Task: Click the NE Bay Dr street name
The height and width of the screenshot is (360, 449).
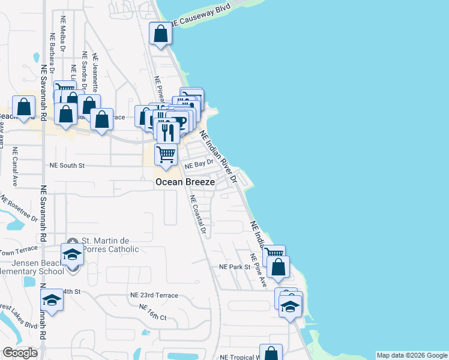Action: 199,163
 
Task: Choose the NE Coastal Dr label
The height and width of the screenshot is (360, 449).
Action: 198,214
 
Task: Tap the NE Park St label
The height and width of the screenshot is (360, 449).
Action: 234,266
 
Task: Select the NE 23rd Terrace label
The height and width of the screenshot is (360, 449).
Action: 154,295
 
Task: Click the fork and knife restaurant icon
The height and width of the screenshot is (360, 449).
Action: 165,130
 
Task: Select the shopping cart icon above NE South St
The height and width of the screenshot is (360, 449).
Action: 166,154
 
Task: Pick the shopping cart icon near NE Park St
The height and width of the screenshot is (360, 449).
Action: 274,256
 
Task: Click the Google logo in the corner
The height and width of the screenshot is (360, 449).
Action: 20,353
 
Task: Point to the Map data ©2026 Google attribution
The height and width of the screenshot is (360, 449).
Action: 412,355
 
